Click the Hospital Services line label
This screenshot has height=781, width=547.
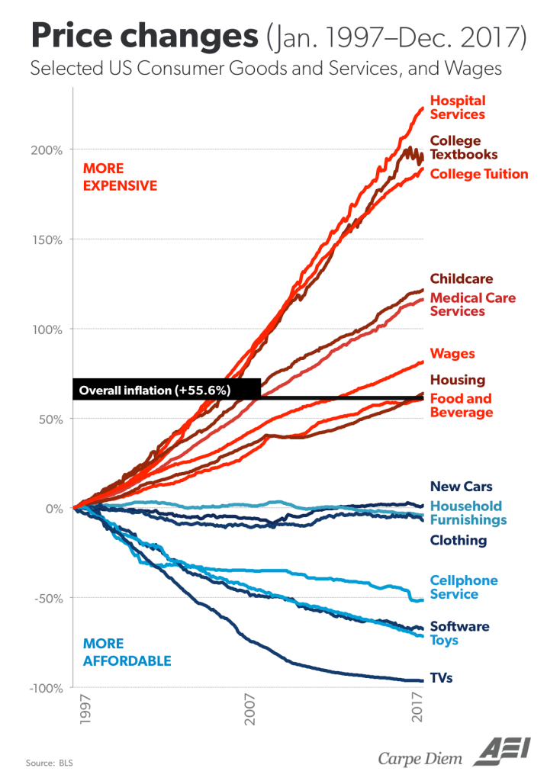click(458, 108)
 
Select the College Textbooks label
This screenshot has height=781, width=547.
click(464, 147)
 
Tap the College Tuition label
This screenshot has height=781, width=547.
click(479, 174)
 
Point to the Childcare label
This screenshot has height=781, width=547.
click(462, 279)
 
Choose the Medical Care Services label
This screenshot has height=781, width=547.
click(473, 304)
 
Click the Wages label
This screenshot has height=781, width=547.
click(452, 354)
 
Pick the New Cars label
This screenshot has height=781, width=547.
click(461, 487)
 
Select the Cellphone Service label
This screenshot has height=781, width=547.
click(464, 587)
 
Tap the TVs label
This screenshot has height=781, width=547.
click(442, 677)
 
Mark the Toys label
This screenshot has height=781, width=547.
click(444, 640)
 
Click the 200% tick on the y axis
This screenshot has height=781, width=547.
click(48, 149)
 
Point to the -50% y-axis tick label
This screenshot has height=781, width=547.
click(48, 598)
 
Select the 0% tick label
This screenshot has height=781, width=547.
click(53, 509)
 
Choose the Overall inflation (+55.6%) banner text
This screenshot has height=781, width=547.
click(155, 390)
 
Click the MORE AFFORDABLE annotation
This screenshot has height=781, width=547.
click(127, 652)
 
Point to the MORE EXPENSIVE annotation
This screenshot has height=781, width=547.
click(120, 177)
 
